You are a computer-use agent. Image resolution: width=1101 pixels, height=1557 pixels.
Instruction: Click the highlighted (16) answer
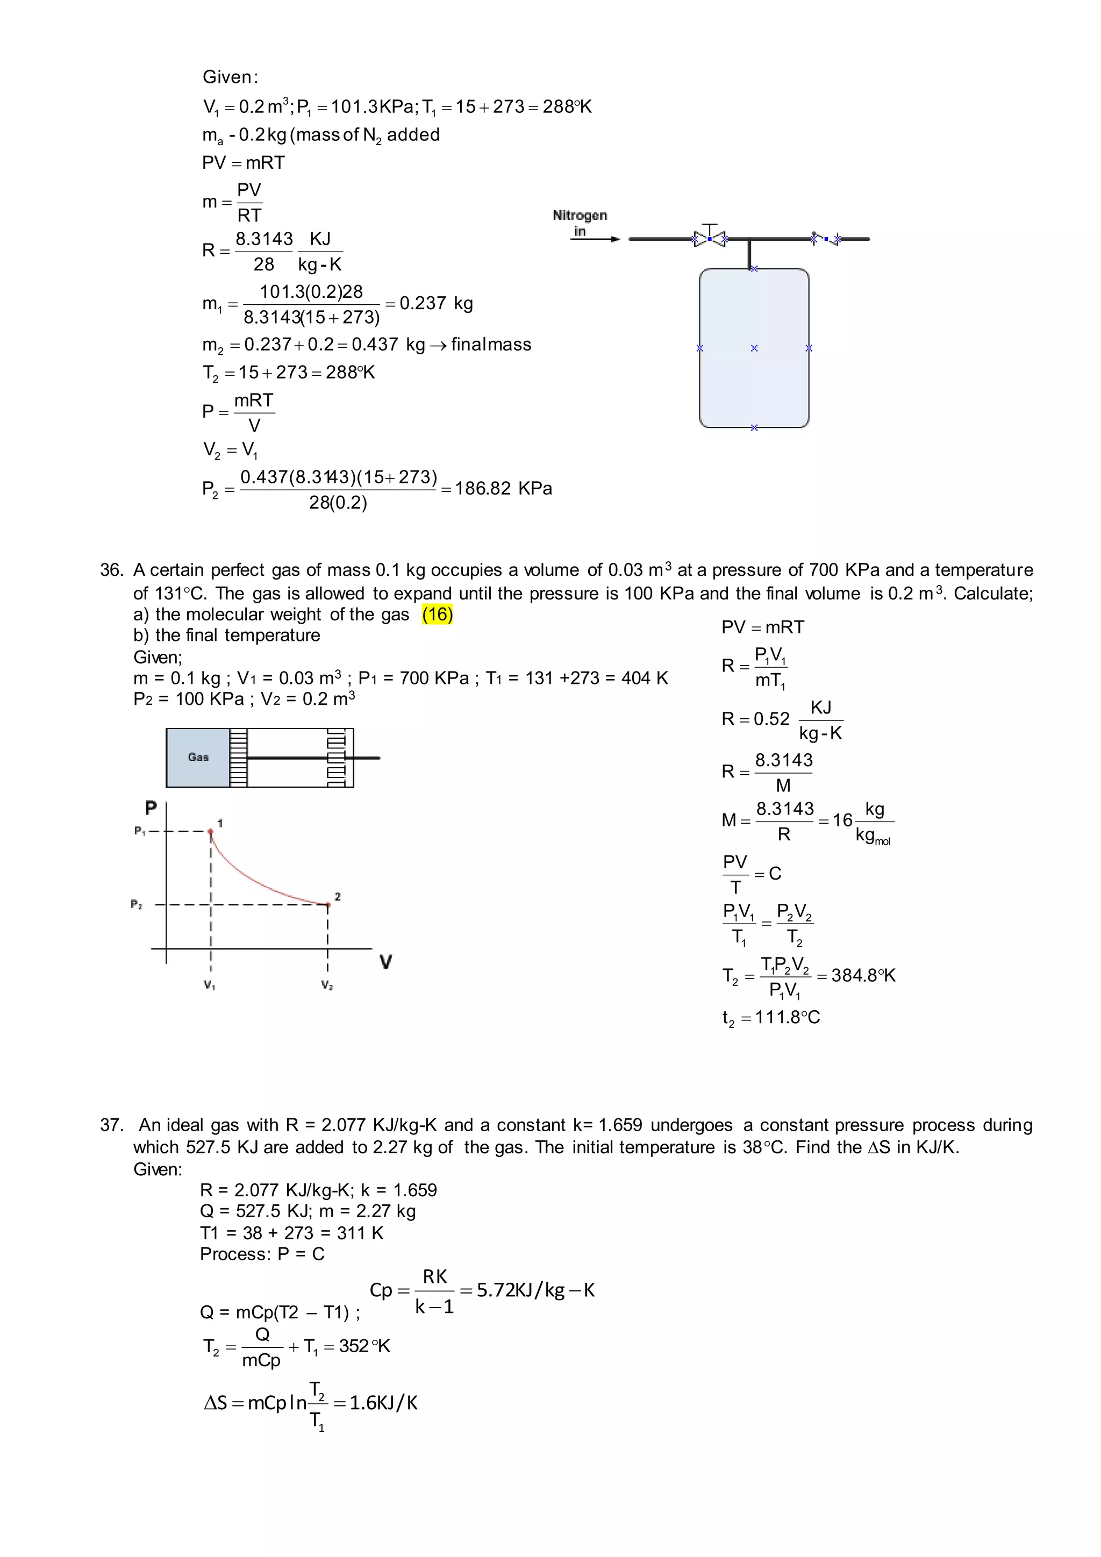[437, 615]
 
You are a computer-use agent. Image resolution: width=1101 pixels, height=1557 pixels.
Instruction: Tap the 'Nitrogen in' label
[580, 223]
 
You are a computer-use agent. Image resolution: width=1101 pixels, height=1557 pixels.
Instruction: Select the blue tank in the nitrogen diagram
[754, 348]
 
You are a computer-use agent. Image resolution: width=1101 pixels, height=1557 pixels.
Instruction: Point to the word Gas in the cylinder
[198, 757]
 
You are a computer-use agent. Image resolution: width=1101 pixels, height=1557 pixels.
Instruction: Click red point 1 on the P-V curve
[211, 831]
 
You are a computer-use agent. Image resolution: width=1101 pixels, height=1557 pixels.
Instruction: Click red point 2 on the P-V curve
[328, 905]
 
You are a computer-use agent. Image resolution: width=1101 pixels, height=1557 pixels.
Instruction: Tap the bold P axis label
[151, 808]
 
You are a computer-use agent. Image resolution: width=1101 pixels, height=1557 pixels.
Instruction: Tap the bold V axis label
[386, 962]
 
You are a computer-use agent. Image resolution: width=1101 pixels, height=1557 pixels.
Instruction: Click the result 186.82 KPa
[503, 488]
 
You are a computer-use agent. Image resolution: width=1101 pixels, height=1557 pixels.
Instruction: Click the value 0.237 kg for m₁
[436, 303]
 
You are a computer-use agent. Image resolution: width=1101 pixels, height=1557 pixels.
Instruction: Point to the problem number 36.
[111, 570]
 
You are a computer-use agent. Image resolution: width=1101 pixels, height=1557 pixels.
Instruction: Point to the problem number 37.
[111, 1125]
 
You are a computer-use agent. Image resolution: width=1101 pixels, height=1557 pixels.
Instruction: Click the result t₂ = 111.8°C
[771, 1017]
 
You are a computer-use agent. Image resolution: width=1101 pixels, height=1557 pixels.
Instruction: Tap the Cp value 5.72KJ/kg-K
[535, 1290]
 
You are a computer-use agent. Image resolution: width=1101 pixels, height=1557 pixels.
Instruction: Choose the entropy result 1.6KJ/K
[384, 1402]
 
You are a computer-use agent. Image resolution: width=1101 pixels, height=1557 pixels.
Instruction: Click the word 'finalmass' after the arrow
[491, 345]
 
